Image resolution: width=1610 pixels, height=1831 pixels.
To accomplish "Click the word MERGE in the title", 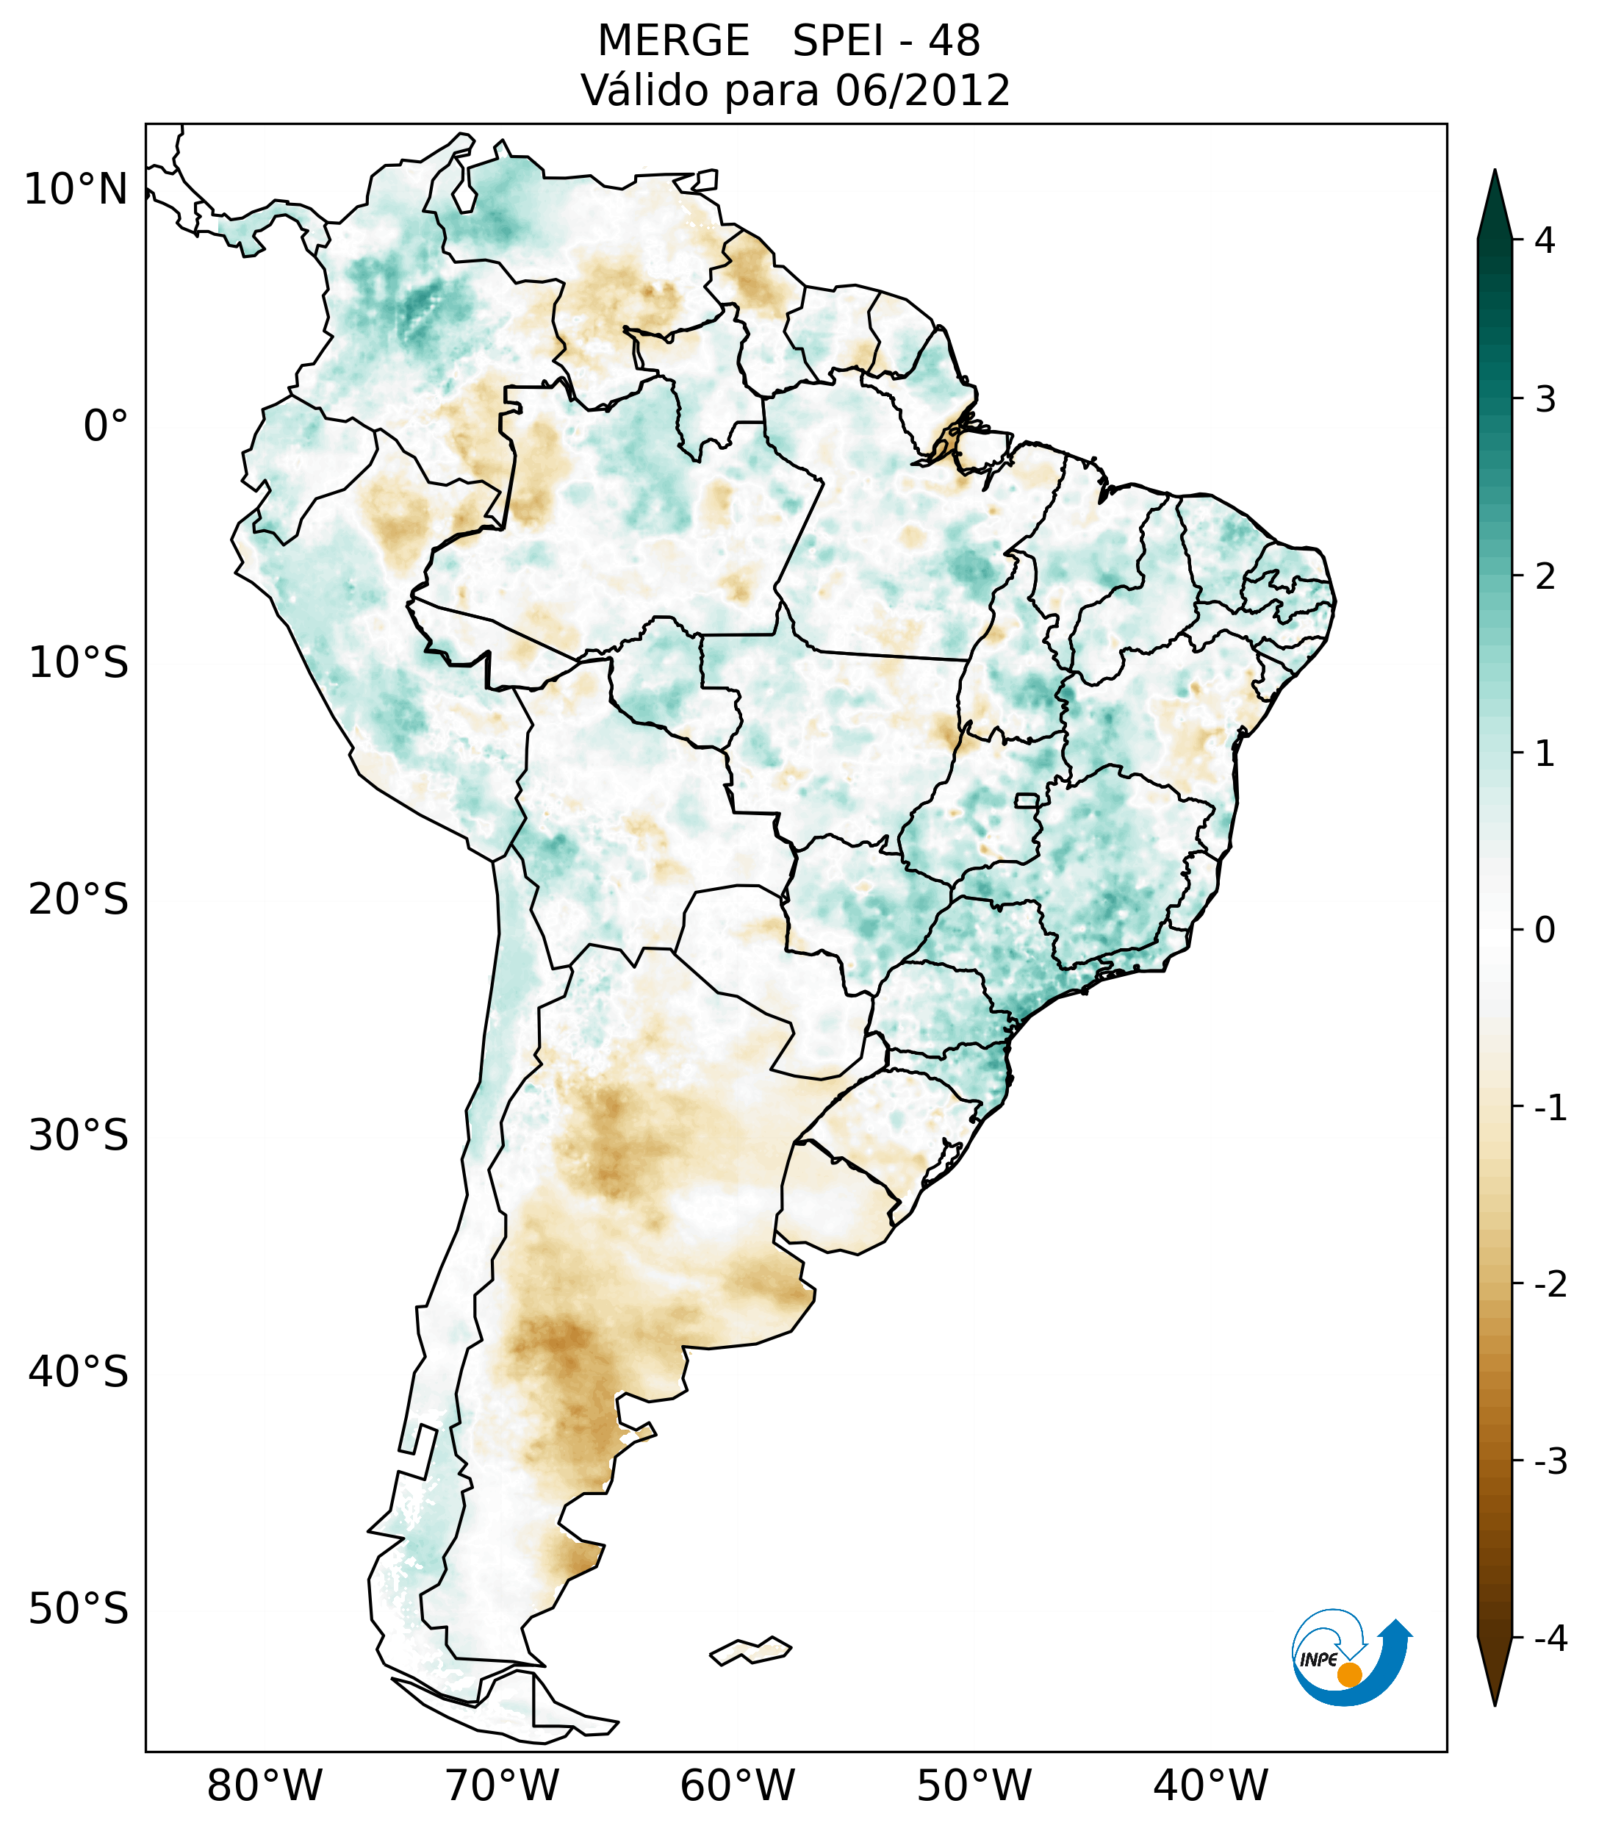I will click(672, 41).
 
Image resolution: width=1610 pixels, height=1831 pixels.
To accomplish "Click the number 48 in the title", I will click(954, 41).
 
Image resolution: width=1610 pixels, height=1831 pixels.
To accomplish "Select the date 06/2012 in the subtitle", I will click(922, 90).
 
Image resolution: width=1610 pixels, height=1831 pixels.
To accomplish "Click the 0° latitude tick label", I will click(106, 426).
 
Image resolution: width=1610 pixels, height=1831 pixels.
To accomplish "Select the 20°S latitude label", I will click(79, 900).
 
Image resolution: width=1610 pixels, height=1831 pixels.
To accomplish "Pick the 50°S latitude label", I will click(79, 1609).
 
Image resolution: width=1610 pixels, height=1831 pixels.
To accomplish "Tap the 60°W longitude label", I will click(737, 1785).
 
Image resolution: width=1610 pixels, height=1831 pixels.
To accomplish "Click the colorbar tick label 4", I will click(1544, 240).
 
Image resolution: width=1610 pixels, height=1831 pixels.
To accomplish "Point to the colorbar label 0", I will click(1544, 931).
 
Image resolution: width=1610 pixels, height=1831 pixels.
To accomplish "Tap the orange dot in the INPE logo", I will click(1349, 1674).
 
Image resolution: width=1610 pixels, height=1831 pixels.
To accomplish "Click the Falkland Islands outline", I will click(751, 1651).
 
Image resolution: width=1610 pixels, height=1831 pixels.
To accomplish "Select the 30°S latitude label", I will click(79, 1136).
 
